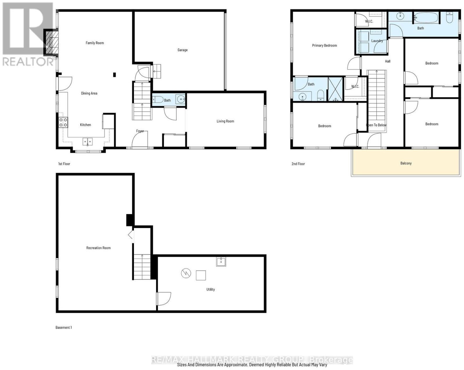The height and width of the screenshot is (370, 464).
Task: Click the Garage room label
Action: coord(182,50)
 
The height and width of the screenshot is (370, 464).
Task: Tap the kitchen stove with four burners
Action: coord(63,122)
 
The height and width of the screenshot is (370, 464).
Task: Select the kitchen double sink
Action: coord(88,142)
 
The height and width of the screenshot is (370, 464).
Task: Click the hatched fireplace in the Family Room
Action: coord(52,42)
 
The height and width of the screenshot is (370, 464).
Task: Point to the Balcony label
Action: coord(406,163)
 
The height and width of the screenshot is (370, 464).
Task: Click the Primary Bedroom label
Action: coord(324,45)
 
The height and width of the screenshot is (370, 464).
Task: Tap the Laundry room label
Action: coord(377,41)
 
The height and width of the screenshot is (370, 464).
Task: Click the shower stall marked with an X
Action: coord(335,89)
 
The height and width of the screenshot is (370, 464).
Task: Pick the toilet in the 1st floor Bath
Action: coord(158,100)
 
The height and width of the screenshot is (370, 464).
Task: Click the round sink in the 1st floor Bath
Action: coord(181,99)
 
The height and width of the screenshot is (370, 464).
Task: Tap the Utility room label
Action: coord(211,289)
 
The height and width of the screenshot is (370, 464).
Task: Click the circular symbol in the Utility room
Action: coord(186,274)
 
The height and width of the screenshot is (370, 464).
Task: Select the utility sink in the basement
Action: coord(221,262)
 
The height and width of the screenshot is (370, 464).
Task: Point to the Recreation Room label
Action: coord(98,248)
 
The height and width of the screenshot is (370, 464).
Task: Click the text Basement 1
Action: coord(64,327)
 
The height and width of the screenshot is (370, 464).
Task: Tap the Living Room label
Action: coord(225,121)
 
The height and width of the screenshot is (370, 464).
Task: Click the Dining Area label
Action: coord(89,93)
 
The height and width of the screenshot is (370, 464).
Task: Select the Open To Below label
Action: coord(376,125)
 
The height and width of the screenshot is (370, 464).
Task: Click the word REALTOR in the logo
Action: coord(28,62)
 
